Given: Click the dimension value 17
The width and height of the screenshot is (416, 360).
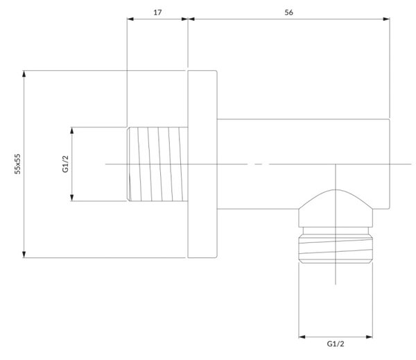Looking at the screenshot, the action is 157,12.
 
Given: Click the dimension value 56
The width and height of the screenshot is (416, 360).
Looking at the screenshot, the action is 288,12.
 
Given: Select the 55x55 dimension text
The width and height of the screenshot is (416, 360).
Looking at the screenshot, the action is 17,164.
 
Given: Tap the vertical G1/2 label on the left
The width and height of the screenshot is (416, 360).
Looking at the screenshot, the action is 65,164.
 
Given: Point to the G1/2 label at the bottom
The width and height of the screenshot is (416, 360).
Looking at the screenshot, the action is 336,344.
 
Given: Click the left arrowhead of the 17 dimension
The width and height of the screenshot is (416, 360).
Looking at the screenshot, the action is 130,19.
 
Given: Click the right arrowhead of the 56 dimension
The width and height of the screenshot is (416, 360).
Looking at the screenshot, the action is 386,19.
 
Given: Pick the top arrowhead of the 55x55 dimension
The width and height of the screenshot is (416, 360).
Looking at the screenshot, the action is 24,74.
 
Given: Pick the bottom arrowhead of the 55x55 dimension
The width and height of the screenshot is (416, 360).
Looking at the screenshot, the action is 24,255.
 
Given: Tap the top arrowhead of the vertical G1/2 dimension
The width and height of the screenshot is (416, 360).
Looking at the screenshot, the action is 72,130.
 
